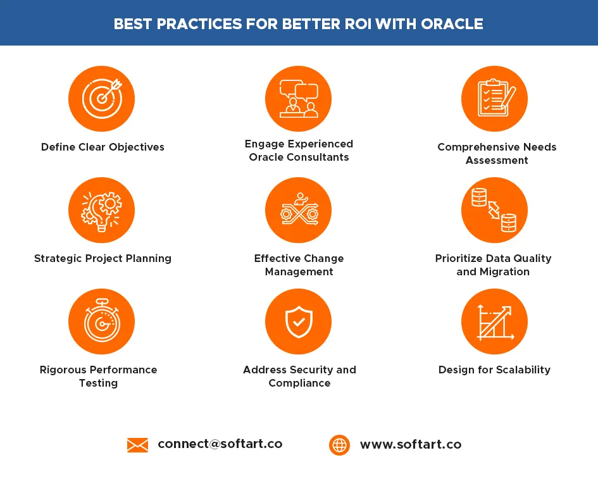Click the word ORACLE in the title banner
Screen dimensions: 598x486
coord(452,24)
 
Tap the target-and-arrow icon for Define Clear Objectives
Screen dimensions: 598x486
coord(101,99)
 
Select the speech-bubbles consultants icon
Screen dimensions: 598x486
coord(298,99)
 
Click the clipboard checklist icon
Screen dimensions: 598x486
coord(494,99)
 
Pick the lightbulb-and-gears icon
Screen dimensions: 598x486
coord(101,210)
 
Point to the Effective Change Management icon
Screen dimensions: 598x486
coord(298,210)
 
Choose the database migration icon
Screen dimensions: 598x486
coord(494,210)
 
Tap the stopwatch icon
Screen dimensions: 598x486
coord(101,321)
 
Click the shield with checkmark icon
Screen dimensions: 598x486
coord(298,321)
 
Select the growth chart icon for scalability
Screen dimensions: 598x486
coord(494,321)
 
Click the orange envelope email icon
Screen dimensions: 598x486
coord(138,445)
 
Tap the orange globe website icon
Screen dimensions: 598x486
coord(339,445)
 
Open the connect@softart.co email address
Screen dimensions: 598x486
coord(220,444)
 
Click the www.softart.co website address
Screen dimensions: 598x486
coord(411,444)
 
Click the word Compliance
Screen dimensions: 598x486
coord(299,383)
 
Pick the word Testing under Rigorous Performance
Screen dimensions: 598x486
coord(98,383)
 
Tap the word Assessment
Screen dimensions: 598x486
coord(497,160)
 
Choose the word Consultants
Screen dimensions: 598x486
coord(318,157)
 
